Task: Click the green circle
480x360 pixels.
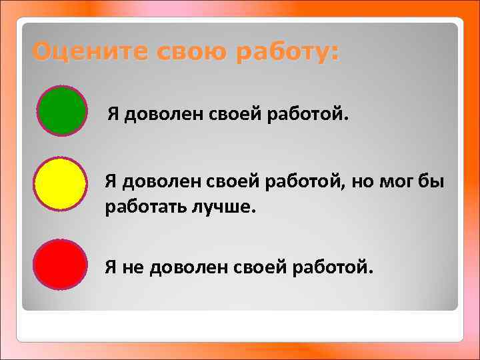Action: tap(62, 111)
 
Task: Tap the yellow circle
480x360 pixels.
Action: tap(60, 184)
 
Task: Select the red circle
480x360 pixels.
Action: tap(60, 265)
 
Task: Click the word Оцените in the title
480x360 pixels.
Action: tap(84, 51)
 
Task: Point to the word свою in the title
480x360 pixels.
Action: tap(177, 51)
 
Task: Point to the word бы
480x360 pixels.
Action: tap(433, 182)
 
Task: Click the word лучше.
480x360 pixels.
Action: tap(219, 207)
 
